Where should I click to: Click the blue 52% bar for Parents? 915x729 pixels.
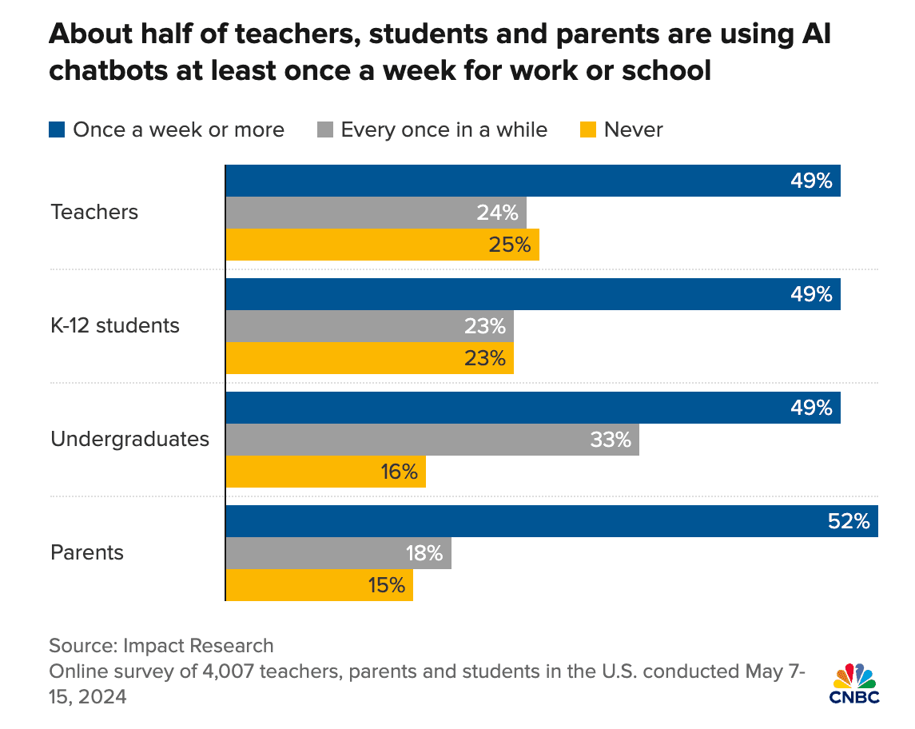pyautogui.click(x=551, y=521)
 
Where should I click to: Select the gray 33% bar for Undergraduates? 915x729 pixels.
pyautogui.click(x=432, y=440)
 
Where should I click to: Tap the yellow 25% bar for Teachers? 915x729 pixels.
pyautogui.click(x=382, y=245)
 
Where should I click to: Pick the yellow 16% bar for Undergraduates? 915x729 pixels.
pyautogui.click(x=325, y=472)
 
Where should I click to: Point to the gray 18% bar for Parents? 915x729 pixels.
pyautogui.click(x=338, y=553)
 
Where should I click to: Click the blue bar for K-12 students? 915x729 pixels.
pyautogui.click(x=532, y=294)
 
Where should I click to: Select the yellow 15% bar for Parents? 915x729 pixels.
pyautogui.click(x=319, y=585)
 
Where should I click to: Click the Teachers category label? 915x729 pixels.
pyautogui.click(x=94, y=213)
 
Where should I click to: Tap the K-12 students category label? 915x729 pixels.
pyautogui.click(x=115, y=326)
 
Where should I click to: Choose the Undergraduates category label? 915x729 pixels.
pyautogui.click(x=129, y=440)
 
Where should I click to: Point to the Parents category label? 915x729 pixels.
pyautogui.click(x=87, y=553)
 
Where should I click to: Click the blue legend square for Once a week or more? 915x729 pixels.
pyautogui.click(x=57, y=129)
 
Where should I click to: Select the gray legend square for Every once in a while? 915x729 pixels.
pyautogui.click(x=324, y=129)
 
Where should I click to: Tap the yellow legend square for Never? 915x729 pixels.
pyautogui.click(x=587, y=129)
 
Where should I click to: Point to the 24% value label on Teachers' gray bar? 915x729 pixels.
pyautogui.click(x=498, y=213)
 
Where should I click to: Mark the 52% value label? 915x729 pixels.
pyautogui.click(x=849, y=522)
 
